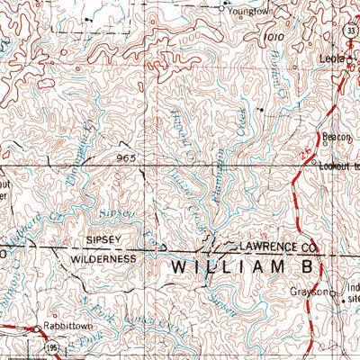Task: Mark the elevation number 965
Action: tap(126, 157)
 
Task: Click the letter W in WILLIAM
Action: tap(180, 268)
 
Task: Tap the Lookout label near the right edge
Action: tap(339, 167)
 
